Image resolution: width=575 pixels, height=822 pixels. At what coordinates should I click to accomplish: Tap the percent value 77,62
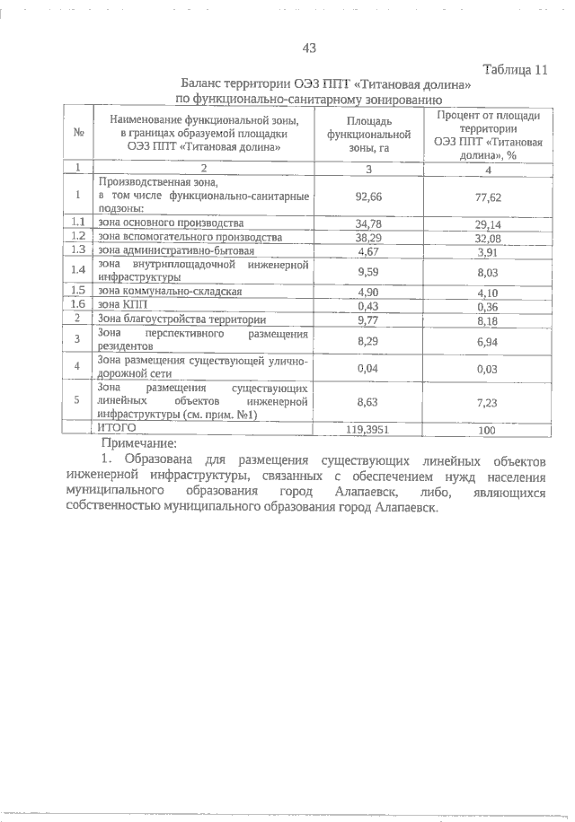pos(488,194)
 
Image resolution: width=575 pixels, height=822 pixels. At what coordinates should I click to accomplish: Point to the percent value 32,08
pos(488,238)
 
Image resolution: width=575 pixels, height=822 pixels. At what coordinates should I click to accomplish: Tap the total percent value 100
pos(488,431)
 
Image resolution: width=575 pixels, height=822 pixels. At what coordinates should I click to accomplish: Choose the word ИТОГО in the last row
pos(116,429)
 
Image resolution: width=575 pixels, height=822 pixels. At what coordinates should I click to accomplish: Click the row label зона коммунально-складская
pos(171,291)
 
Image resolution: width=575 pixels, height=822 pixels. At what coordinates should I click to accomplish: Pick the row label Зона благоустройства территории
pos(181,319)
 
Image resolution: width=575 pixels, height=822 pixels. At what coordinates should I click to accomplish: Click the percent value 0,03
pos(488,368)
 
